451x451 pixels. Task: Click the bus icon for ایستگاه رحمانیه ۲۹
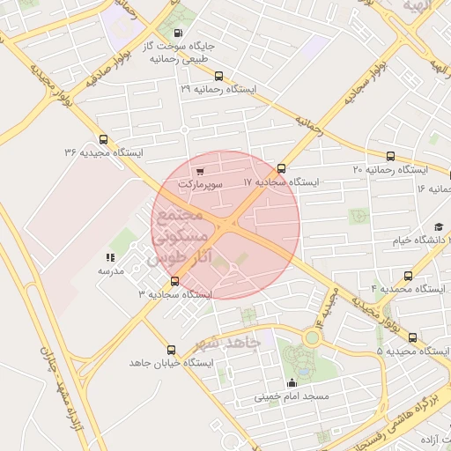pyautogui.click(x=218, y=77)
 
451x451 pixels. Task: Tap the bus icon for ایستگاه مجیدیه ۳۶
pyautogui.click(x=104, y=139)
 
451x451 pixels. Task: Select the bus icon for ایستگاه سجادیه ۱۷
pyautogui.click(x=281, y=168)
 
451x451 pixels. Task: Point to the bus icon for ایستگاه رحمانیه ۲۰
pyautogui.click(x=390, y=156)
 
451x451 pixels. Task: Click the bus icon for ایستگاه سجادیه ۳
pyautogui.click(x=174, y=281)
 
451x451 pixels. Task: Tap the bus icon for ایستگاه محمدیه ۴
pyautogui.click(x=408, y=276)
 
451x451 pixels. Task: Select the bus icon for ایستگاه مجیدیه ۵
pyautogui.click(x=412, y=337)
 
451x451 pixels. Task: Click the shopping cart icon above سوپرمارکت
pyautogui.click(x=201, y=172)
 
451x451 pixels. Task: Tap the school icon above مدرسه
pyautogui.click(x=110, y=258)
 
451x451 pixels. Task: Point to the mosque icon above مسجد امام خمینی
pyautogui.click(x=292, y=383)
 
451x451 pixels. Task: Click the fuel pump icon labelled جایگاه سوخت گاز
pyautogui.click(x=181, y=33)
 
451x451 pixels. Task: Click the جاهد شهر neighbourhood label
pyautogui.click(x=232, y=342)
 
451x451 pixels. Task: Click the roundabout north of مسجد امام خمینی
pyautogui.click(x=312, y=336)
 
